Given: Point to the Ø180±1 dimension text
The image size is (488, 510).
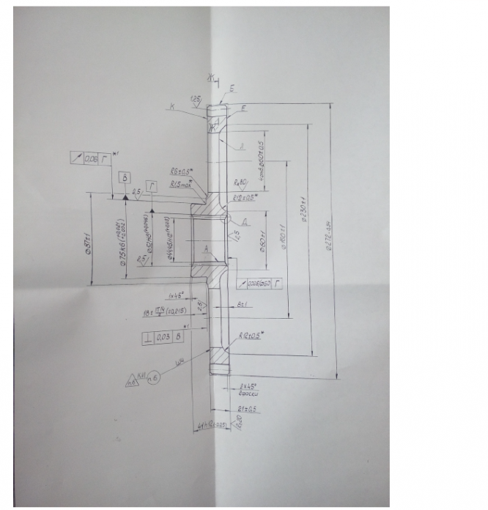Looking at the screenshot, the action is (284, 233).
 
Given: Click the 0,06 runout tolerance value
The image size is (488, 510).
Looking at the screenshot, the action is (91, 158).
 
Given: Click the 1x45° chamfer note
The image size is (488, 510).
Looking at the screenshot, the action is (175, 295).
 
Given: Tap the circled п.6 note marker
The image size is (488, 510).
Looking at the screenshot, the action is (153, 380).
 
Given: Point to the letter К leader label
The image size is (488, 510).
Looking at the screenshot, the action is (172, 108).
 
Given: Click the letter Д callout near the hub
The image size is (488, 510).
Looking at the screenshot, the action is (244, 219).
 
